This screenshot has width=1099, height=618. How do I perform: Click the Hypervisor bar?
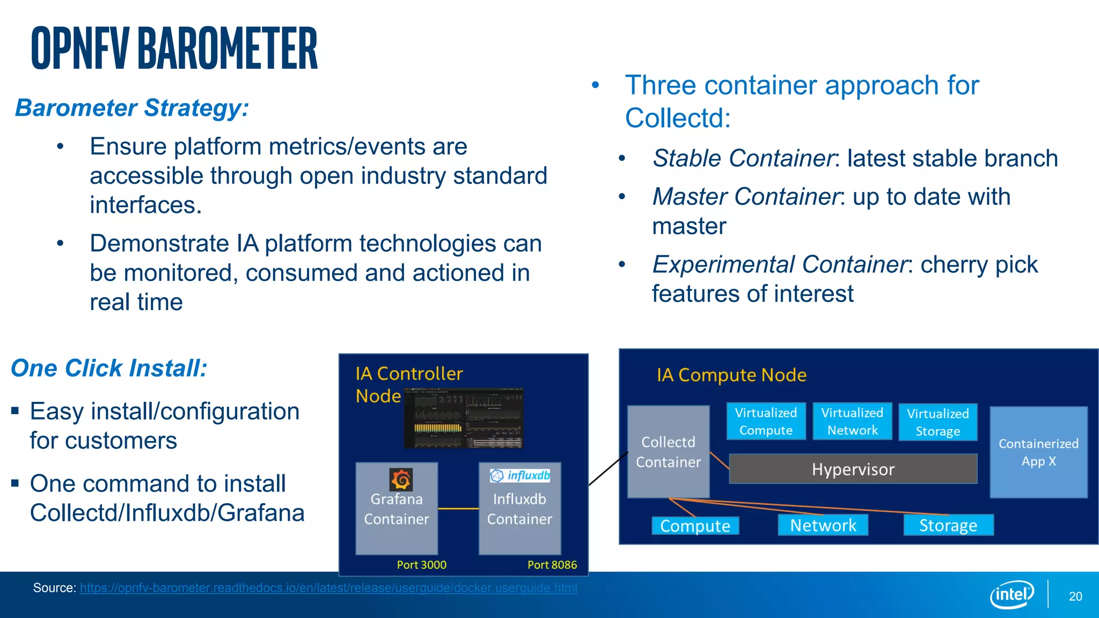(x=853, y=469)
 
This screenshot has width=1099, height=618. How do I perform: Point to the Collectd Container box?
(x=668, y=452)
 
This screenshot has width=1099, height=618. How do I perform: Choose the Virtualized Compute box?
(x=766, y=422)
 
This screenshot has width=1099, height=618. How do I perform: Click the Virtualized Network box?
(x=852, y=422)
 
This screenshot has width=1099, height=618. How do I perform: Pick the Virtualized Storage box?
(x=937, y=423)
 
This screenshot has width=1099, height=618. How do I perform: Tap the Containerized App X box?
(x=1038, y=452)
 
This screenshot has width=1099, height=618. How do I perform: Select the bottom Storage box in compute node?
(x=948, y=525)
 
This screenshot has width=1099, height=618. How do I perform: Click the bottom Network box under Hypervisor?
(x=823, y=525)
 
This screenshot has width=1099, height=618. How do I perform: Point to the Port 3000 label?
(x=421, y=565)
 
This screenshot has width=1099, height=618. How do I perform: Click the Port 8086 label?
(x=552, y=565)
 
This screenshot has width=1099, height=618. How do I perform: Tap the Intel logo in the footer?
(x=1012, y=594)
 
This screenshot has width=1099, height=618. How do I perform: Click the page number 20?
(x=1075, y=597)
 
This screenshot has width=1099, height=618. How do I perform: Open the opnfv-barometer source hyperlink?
(x=328, y=588)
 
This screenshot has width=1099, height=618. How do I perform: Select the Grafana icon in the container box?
(x=401, y=479)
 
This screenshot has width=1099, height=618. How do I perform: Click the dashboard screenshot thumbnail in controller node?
(x=464, y=418)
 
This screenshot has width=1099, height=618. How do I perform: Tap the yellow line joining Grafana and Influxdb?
(x=458, y=509)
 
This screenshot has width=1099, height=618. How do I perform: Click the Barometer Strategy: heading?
(x=132, y=108)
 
